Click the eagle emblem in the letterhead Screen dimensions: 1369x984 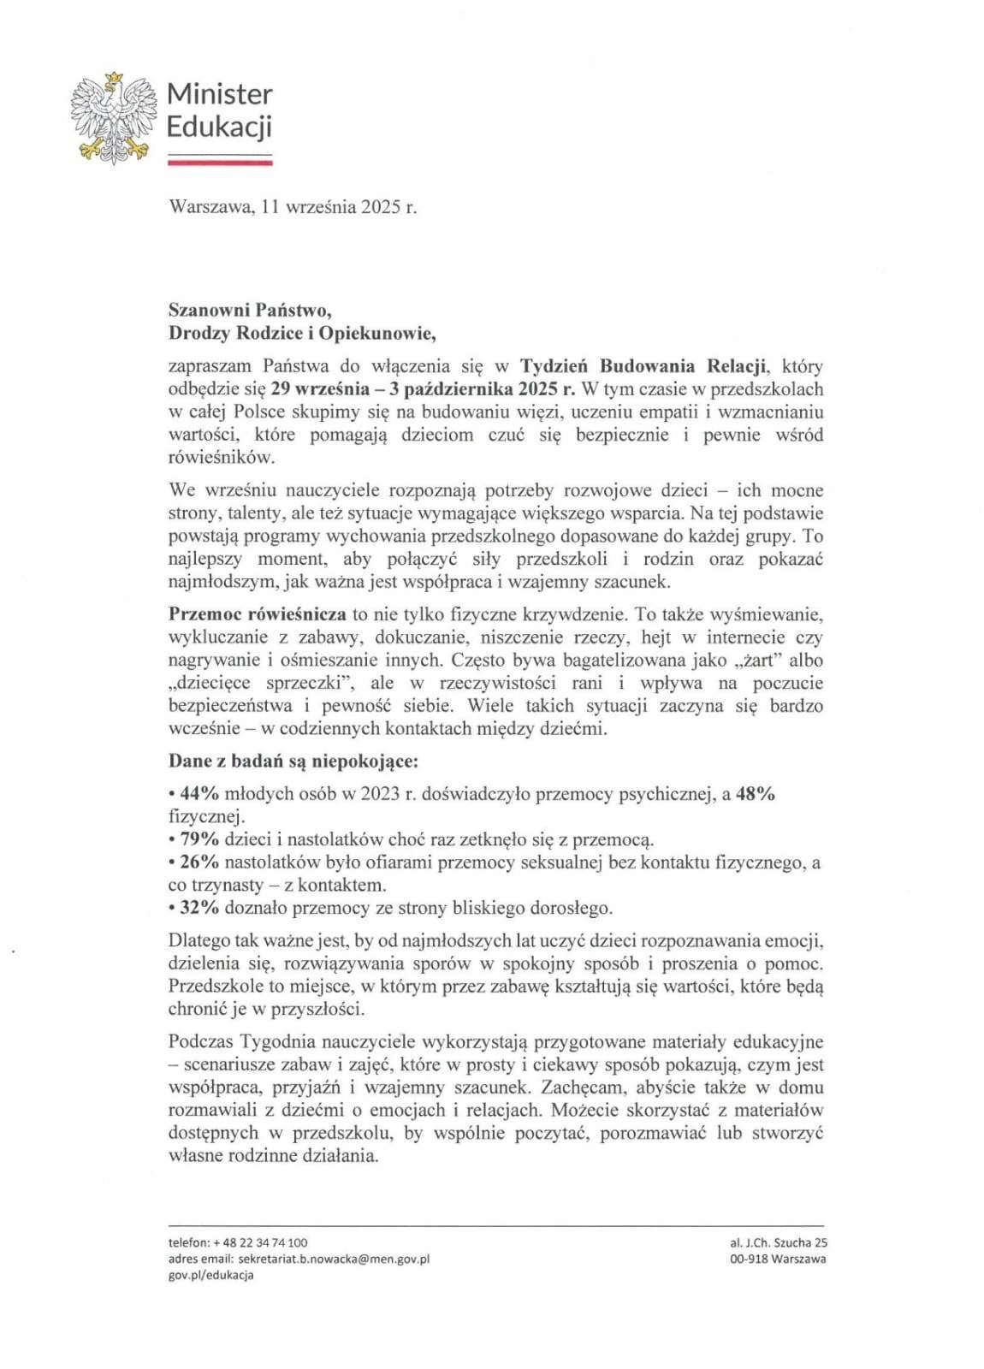(114, 119)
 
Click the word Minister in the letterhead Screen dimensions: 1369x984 (219, 93)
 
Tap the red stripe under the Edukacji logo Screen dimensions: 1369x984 (219, 161)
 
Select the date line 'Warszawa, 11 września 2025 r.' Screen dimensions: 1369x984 (293, 207)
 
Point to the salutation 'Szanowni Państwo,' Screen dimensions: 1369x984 (249, 310)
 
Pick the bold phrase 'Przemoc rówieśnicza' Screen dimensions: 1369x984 (257, 614)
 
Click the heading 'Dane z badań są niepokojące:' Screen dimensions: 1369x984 (293, 761)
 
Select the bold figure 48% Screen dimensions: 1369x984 (756, 794)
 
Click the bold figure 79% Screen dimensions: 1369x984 (199, 839)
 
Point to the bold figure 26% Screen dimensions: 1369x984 (199, 862)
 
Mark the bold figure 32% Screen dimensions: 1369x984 (199, 908)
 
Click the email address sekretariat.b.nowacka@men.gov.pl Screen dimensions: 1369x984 (334, 1259)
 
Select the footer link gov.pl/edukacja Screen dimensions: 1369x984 (211, 1275)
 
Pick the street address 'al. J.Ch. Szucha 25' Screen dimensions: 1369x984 (779, 1242)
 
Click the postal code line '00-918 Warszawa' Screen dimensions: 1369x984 (779, 1259)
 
